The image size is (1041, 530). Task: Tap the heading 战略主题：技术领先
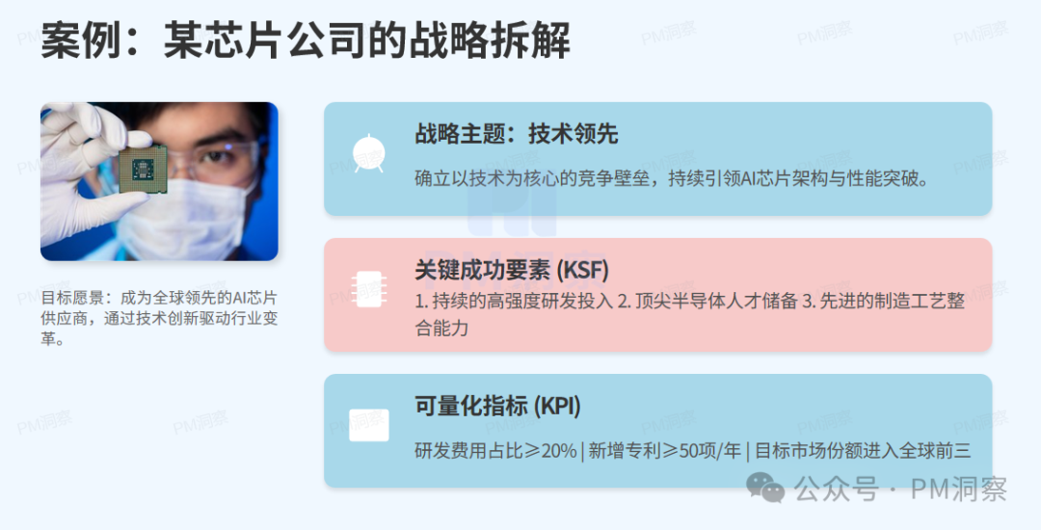click(x=516, y=134)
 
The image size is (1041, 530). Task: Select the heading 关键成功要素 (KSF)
click(x=512, y=271)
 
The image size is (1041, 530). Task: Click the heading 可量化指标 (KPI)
click(x=497, y=407)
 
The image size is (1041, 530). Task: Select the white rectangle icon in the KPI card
click(x=368, y=425)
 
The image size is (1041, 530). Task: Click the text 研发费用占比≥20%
click(x=495, y=451)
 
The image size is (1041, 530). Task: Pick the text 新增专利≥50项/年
click(x=666, y=451)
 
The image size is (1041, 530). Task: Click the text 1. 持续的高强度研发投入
click(x=514, y=301)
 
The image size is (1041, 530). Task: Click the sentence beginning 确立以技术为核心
click(x=671, y=179)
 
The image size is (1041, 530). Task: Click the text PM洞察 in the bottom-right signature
click(x=958, y=490)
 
